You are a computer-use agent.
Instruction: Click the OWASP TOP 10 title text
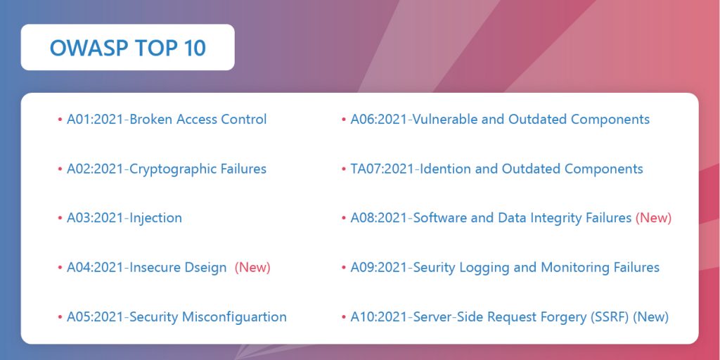coord(127,48)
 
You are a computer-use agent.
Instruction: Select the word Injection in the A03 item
coord(155,218)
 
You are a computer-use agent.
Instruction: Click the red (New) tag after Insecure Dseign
coord(252,267)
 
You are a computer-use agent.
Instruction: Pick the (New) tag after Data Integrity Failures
coord(653,218)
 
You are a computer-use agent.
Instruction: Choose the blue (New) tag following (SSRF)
coord(650,317)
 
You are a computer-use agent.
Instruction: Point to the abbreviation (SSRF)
coord(611,317)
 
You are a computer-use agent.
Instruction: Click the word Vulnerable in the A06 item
coord(445,120)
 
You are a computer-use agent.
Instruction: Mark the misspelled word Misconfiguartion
coord(234,317)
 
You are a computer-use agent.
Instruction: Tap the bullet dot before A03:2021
coord(60,219)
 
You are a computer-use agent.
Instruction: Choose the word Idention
coord(444,169)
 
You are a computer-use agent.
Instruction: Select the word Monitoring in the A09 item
coord(574,267)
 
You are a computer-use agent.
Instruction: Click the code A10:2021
coord(379,317)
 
